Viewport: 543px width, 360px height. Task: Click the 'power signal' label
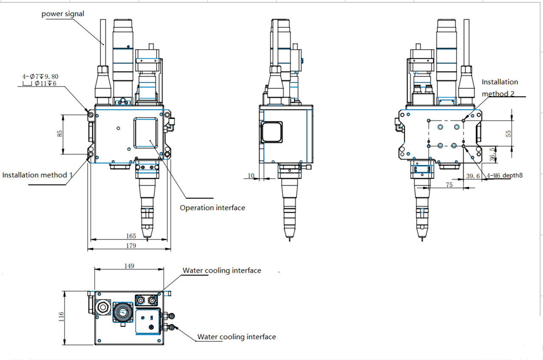pyautogui.click(x=63, y=14)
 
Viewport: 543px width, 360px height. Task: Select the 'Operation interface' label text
pyautogui.click(x=212, y=208)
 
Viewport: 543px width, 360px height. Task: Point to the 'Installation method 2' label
pyautogui.click(x=500, y=87)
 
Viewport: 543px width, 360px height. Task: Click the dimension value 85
pyautogui.click(x=60, y=133)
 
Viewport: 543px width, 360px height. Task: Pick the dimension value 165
pyautogui.click(x=131, y=236)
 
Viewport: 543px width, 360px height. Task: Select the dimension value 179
pyautogui.click(x=131, y=246)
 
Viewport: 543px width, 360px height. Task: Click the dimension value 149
pyautogui.click(x=129, y=266)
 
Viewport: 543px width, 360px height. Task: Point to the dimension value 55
pyautogui.click(x=509, y=133)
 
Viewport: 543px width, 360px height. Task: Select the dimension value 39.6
pyautogui.click(x=473, y=176)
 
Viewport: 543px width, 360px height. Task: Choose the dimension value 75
pyautogui.click(x=449, y=185)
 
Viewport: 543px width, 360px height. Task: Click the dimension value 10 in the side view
pyautogui.click(x=251, y=175)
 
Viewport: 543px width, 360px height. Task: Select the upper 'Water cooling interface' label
pyautogui.click(x=222, y=270)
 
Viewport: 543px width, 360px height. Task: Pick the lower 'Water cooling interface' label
pyautogui.click(x=236, y=337)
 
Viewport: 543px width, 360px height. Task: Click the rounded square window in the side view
pyautogui.click(x=271, y=132)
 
